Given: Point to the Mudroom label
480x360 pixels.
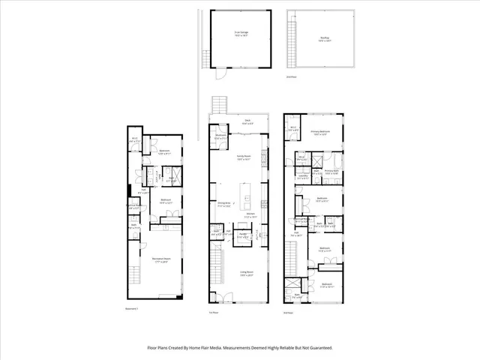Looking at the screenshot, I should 220,137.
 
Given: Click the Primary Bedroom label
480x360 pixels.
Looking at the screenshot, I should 321,132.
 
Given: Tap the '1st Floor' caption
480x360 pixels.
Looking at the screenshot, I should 214,313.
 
